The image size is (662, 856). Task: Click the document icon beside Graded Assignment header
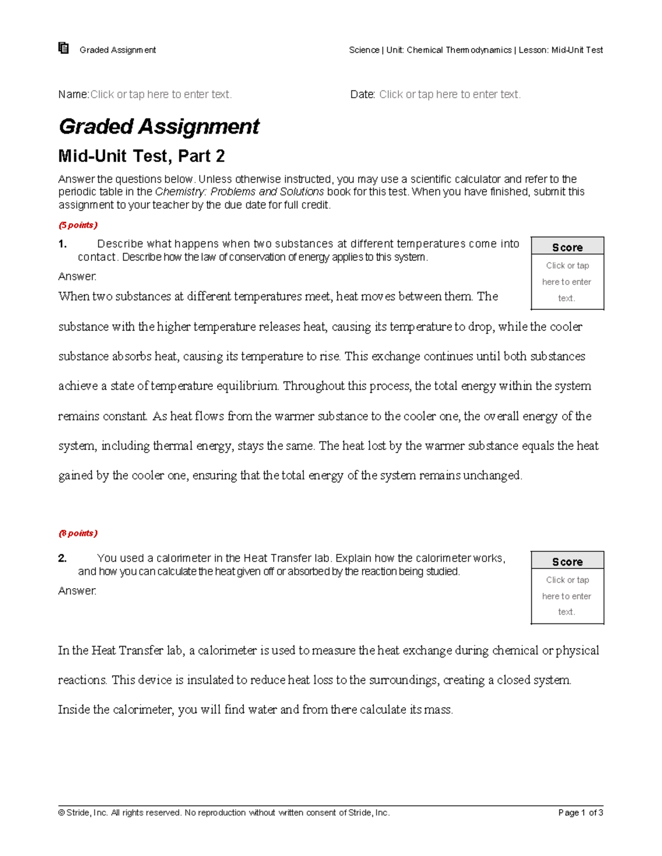click(x=63, y=49)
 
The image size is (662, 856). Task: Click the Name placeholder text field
click(x=161, y=94)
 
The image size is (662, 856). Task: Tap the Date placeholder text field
click(x=450, y=94)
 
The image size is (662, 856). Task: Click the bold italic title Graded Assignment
click(x=159, y=127)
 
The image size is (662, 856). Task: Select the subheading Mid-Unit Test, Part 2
click(x=141, y=157)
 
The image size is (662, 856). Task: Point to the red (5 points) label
click(x=78, y=225)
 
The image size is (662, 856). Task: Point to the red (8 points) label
click(x=78, y=533)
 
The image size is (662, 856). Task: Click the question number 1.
click(x=62, y=244)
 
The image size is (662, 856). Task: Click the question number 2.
click(x=62, y=558)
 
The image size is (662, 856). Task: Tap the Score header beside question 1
click(x=567, y=247)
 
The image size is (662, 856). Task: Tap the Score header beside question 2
click(x=567, y=562)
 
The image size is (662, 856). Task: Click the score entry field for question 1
click(x=567, y=282)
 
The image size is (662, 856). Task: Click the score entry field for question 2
click(x=567, y=596)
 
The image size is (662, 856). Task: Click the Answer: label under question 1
click(x=77, y=276)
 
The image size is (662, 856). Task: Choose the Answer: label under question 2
click(x=77, y=590)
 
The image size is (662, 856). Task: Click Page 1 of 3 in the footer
click(x=580, y=812)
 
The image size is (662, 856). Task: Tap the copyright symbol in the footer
click(x=61, y=812)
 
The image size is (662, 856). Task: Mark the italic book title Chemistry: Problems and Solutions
click(x=239, y=192)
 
